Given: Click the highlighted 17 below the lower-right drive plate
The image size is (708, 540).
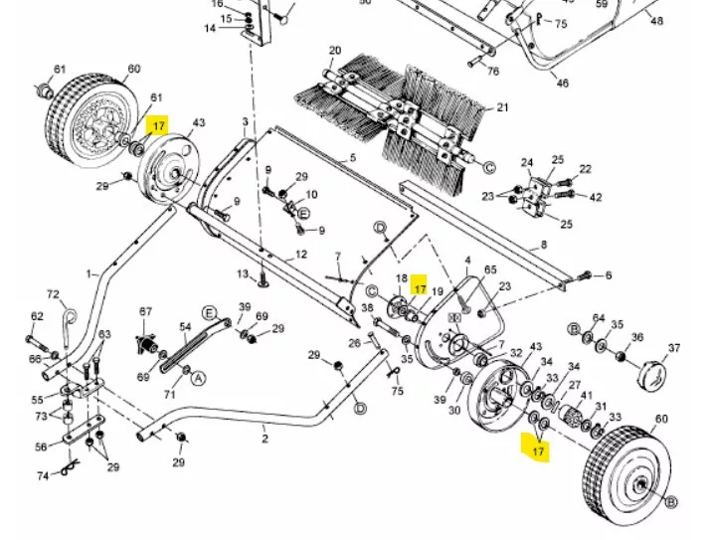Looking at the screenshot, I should point(538,450).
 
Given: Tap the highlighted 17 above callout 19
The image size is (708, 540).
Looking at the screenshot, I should point(420,282).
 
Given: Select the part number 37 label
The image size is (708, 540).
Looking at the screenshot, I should point(673,348).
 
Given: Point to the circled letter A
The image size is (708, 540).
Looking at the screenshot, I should point(198,378).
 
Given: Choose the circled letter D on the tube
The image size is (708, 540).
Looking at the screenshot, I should point(360,408).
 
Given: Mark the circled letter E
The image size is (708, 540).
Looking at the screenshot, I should point(303,213).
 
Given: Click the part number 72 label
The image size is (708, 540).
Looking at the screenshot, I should point(54,295).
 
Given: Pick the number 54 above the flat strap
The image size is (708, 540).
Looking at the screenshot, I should point(185,327).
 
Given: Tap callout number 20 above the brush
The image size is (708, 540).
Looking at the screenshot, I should point(334,51).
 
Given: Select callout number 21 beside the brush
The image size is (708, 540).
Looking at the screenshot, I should point(502,107).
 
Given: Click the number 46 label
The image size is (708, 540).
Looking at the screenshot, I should point(563,84).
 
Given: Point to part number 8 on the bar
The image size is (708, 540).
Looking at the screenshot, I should point(544,244).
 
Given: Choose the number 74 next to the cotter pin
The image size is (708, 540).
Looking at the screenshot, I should point(43,476).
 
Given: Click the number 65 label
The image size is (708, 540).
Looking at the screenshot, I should point(489,270).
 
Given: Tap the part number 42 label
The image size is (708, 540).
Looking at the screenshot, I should point(596,197).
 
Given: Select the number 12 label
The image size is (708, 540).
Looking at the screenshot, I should point(301,255).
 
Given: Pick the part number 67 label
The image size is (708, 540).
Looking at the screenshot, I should point(146,312).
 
